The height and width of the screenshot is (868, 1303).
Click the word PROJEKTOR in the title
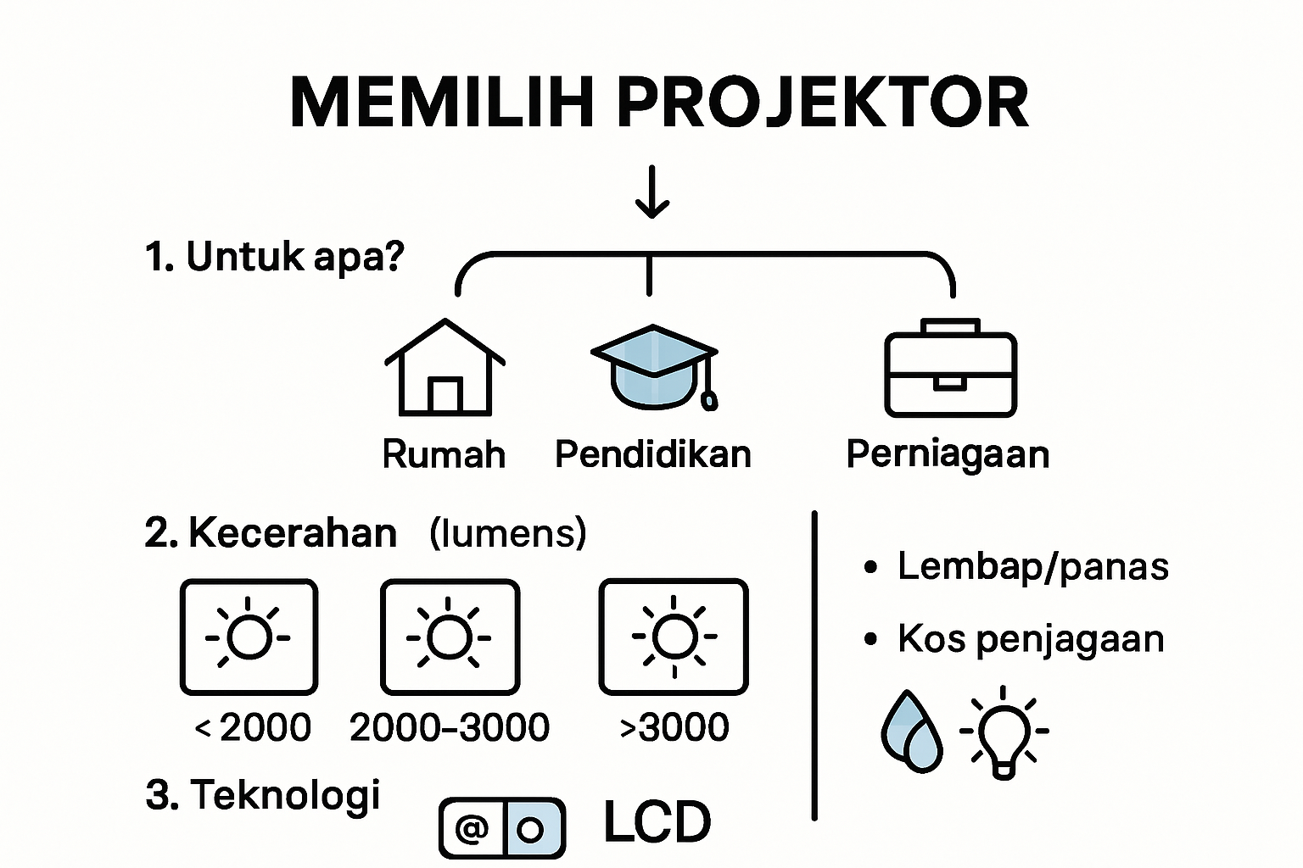822,103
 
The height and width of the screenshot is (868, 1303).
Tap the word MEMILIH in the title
442,103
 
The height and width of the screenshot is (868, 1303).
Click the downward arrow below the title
651,193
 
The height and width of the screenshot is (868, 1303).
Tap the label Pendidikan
652,454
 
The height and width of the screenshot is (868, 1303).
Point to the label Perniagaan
948,454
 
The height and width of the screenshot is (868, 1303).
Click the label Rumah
444,454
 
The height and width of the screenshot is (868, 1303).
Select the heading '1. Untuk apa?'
275,256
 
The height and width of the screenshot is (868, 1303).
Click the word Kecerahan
292,533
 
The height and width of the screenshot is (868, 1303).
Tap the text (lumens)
507,533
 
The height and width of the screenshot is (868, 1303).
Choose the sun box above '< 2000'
249,637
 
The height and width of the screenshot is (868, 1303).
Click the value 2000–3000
450,727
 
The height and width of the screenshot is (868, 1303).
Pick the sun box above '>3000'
674,637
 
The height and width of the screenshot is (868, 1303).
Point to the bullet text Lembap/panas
1032,566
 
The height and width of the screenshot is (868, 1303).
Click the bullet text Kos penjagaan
1031,639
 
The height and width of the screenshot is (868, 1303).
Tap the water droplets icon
912,731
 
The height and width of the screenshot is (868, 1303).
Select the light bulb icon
1004,732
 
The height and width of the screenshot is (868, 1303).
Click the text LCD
657,822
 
